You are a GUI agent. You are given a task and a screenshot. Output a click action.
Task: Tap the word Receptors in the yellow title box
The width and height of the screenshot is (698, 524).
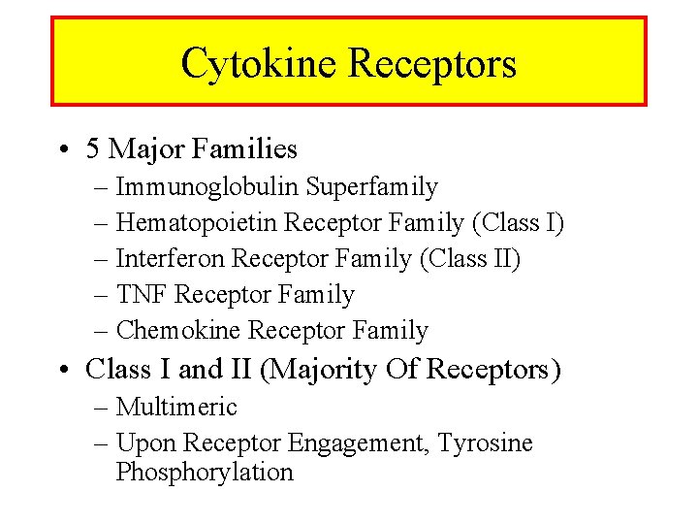tap(431, 64)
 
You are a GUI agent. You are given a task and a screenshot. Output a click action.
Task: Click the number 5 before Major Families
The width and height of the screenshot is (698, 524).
tap(93, 149)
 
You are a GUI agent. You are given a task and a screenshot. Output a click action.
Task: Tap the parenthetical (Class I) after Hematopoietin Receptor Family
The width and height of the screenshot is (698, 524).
tap(517, 223)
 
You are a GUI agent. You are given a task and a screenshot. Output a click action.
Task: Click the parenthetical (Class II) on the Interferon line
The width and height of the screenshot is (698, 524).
tap(473, 259)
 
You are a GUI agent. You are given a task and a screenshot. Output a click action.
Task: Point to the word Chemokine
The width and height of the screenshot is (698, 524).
tap(178, 331)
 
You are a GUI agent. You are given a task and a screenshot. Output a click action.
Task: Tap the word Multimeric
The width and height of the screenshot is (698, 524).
tap(176, 408)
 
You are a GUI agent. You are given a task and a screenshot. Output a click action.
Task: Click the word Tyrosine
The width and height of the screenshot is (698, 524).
tap(485, 443)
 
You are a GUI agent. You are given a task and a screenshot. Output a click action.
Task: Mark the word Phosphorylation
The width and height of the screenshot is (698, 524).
tap(205, 473)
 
